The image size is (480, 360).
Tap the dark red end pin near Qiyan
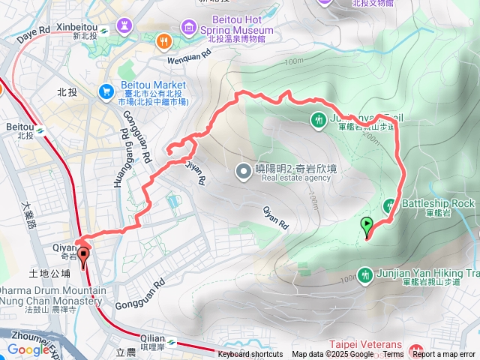(x=82, y=255)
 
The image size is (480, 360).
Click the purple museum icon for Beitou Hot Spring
(x=189, y=27)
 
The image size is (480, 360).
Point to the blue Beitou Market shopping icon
(x=105, y=90)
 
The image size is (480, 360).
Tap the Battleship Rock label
(x=439, y=203)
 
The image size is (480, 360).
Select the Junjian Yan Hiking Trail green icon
(x=365, y=275)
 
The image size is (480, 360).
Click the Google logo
(x=28, y=349)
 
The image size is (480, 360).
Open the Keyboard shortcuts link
(x=250, y=355)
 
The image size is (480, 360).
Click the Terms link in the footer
(x=393, y=355)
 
